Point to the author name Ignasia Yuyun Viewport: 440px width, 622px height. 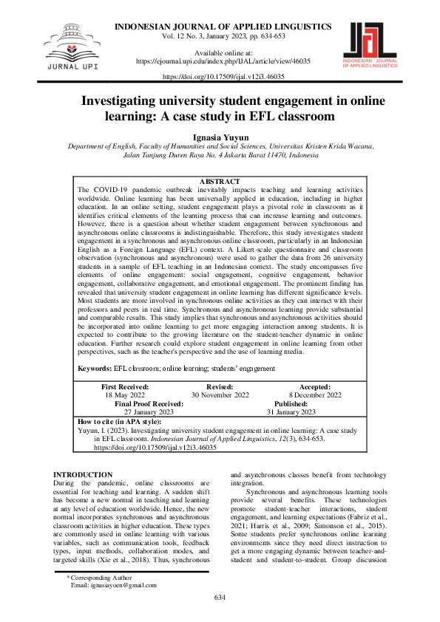pyautogui.click(x=220, y=137)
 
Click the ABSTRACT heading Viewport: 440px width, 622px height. pyautogui.click(x=220, y=182)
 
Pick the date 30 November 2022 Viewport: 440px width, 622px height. pyautogui.click(x=220, y=395)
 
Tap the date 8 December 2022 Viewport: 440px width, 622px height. pyautogui.click(x=315, y=395)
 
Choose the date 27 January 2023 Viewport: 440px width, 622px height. pyautogui.click(x=149, y=412)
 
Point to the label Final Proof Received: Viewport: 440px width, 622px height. pyautogui.click(x=149, y=404)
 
